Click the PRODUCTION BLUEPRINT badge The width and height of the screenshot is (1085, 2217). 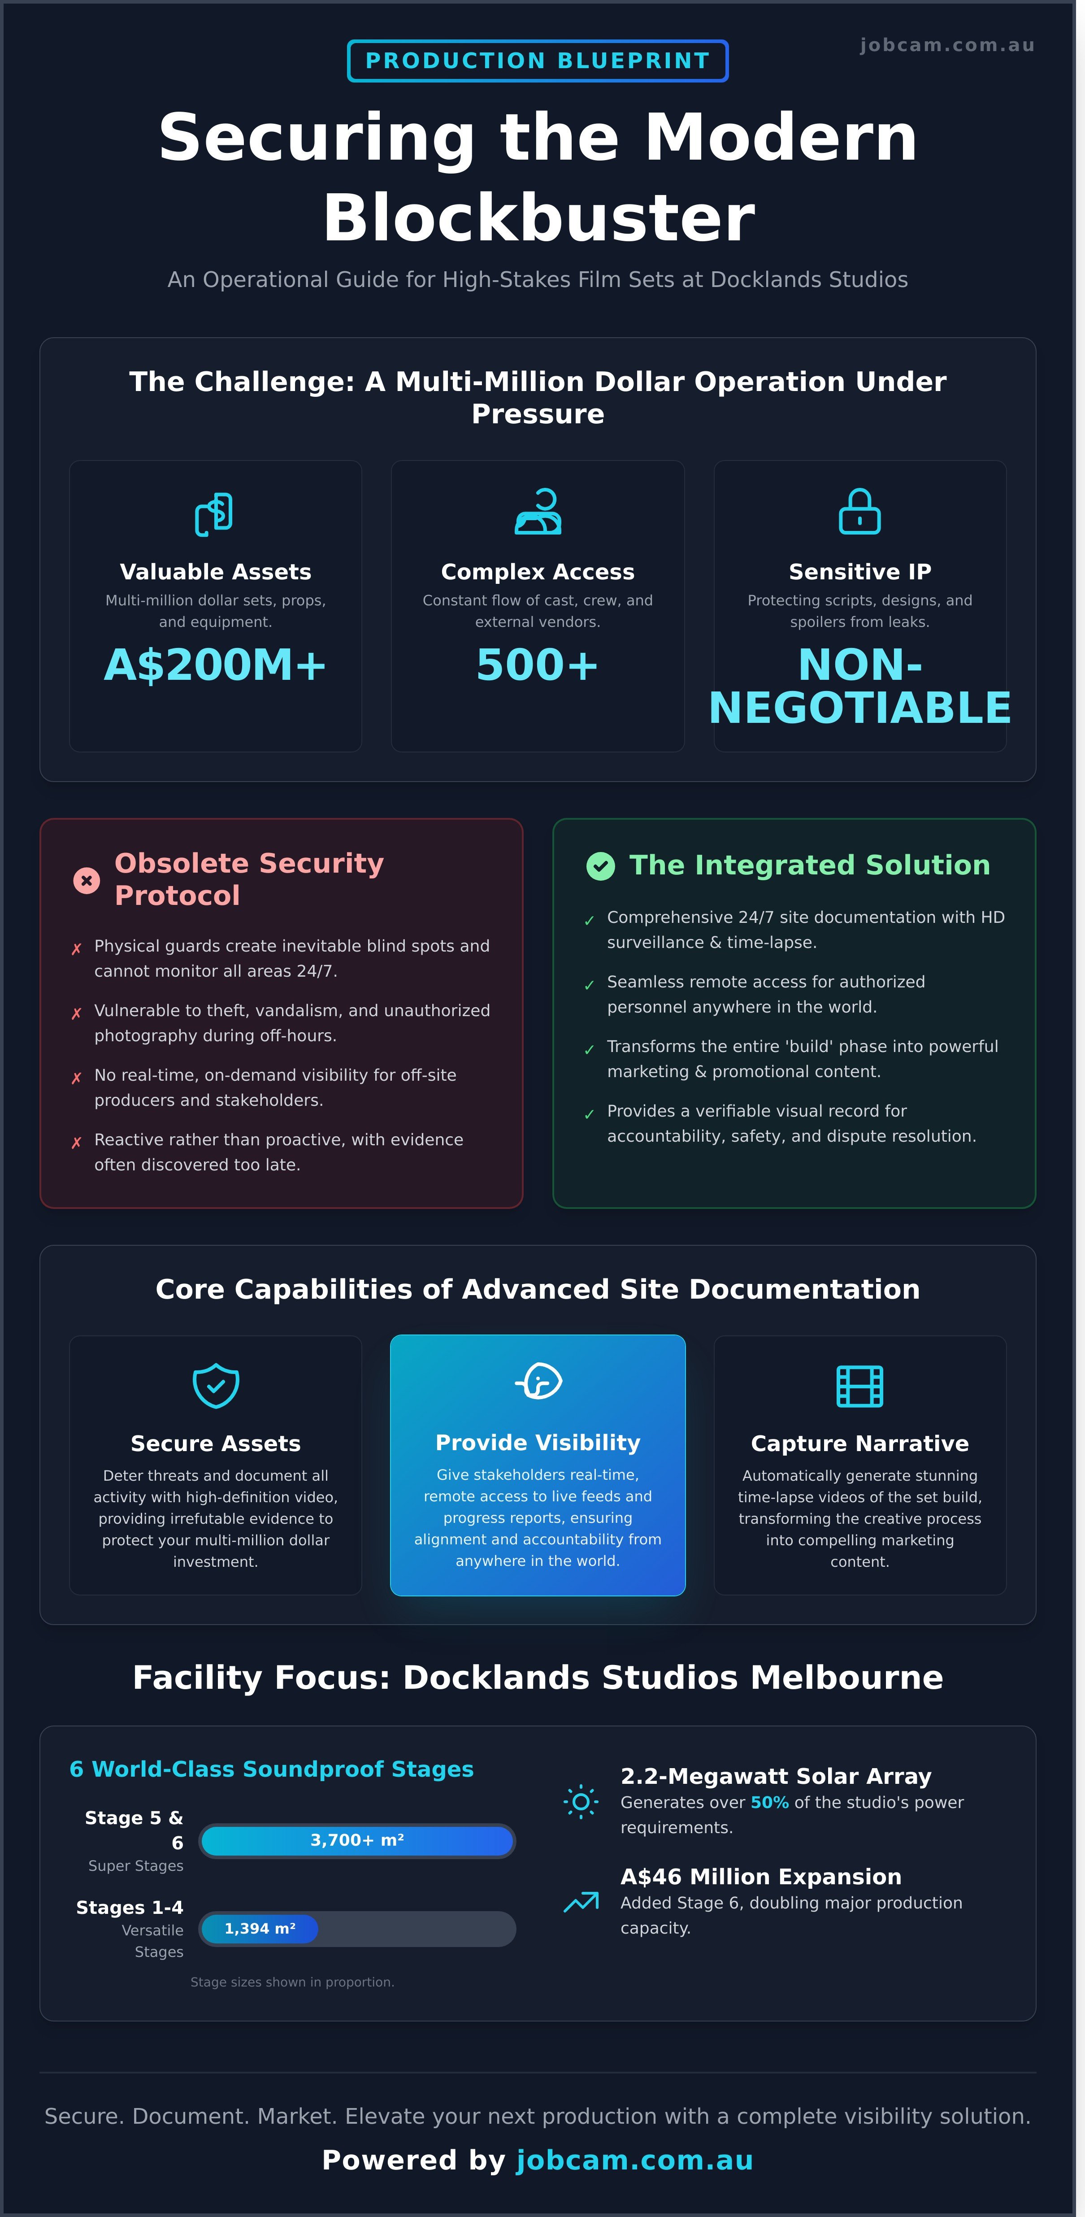pos(538,61)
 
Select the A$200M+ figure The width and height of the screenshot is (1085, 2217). pos(215,665)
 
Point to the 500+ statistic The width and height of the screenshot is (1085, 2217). pos(538,665)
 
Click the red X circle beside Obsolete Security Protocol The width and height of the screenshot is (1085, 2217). pos(86,880)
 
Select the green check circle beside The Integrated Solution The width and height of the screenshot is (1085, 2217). pos(601,866)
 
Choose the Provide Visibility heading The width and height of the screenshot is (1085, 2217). pos(538,1443)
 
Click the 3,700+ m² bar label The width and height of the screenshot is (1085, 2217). pos(357,1840)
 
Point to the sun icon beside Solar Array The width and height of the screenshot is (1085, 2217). pos(581,1801)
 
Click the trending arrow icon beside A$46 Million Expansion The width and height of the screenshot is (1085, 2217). pos(581,1902)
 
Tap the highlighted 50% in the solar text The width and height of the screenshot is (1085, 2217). pos(769,1802)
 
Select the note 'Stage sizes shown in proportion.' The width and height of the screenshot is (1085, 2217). pos(292,1982)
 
